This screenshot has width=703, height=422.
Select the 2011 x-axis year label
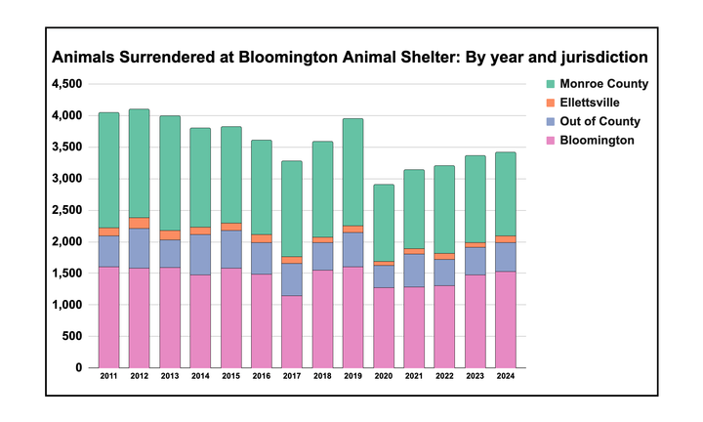[x=108, y=375]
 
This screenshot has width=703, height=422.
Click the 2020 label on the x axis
[x=383, y=375]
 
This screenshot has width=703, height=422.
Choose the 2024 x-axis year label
[x=505, y=375]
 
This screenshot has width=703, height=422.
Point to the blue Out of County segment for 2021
[x=414, y=270]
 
